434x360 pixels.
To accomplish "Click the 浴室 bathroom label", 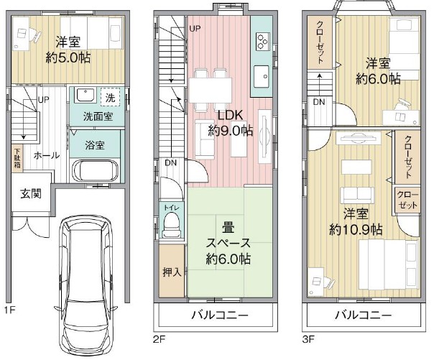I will point(96,144).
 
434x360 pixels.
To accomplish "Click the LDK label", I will point(230,116).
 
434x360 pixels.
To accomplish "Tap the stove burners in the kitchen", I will point(260,41).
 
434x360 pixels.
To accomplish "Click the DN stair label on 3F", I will point(318,102).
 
